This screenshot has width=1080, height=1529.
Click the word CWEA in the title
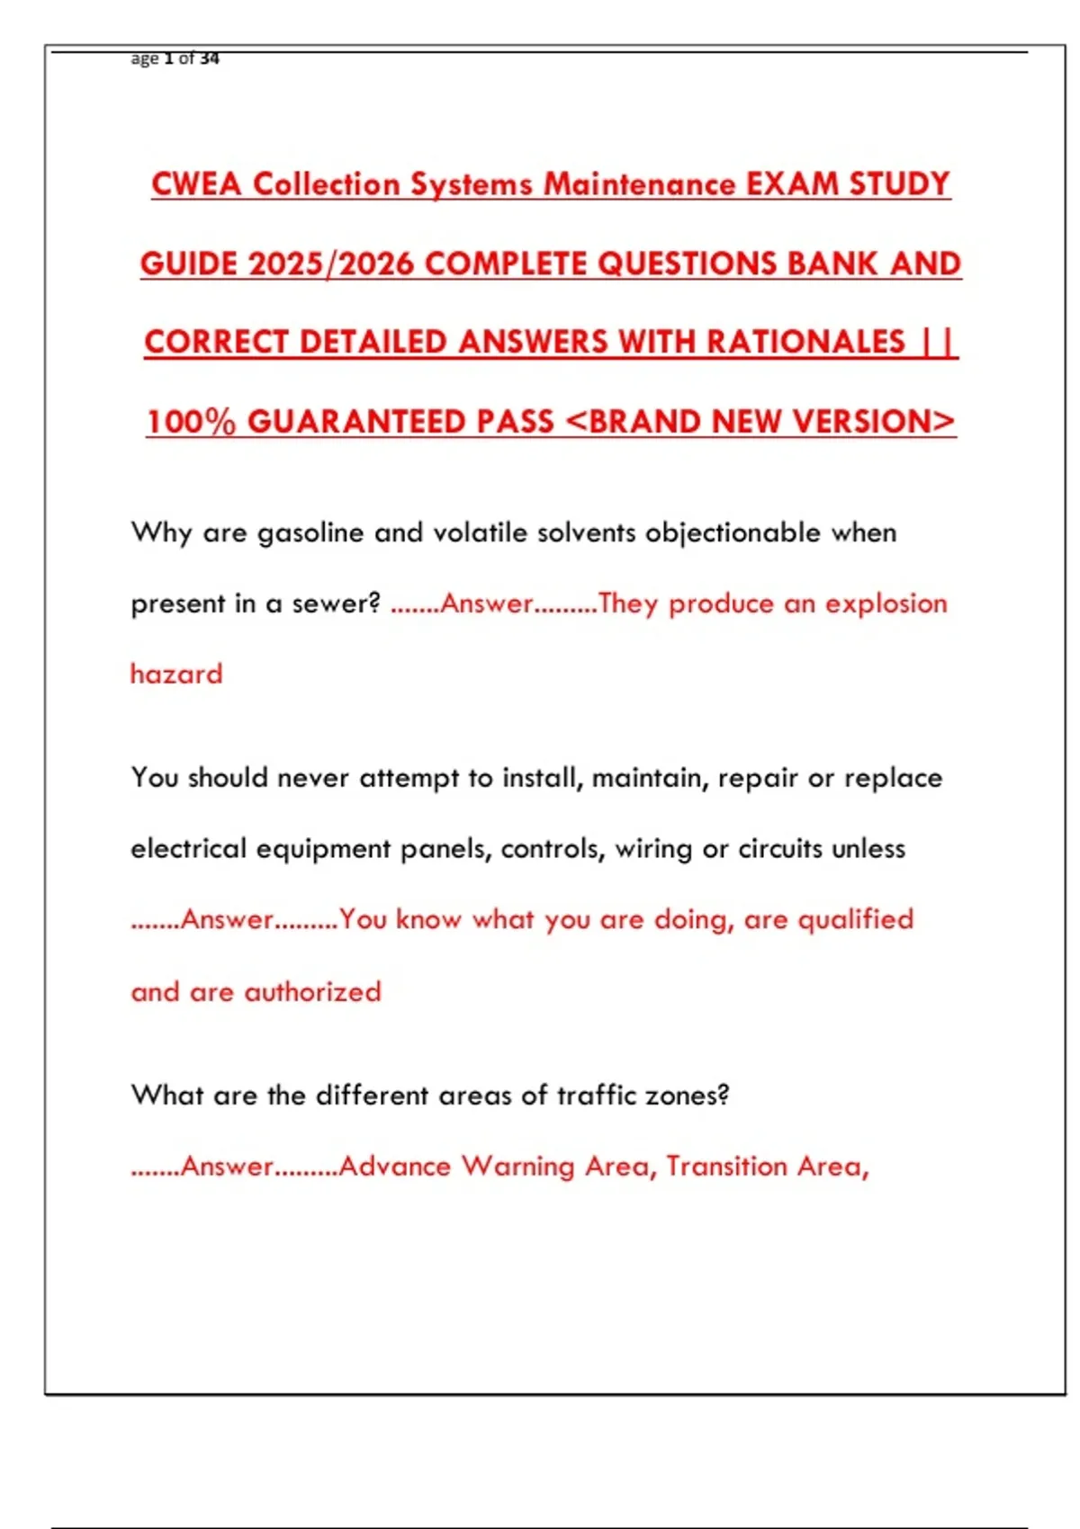point(197,184)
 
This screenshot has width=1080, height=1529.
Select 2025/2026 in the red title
point(330,264)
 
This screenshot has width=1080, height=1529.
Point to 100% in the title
point(191,422)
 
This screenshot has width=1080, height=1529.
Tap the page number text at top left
point(175,58)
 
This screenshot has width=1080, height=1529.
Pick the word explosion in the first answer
point(886,604)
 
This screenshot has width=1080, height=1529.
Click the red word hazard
point(176,674)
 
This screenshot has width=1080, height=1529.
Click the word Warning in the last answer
point(517,1167)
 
